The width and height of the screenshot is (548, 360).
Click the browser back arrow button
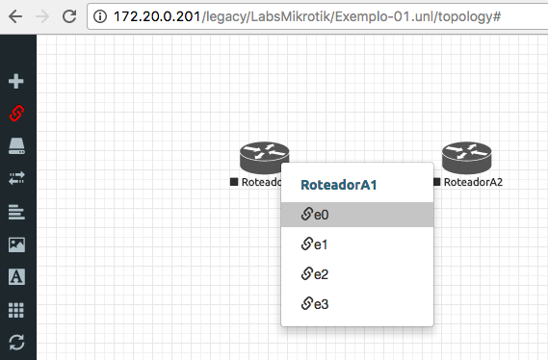(15, 16)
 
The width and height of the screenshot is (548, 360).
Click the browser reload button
(69, 16)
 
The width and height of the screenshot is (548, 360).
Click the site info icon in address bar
(100, 16)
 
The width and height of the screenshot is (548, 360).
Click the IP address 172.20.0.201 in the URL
(157, 16)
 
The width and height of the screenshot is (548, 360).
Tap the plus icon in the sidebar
(16, 81)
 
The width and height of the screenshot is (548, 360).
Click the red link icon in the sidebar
(16, 114)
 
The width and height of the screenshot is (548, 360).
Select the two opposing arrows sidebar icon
(16, 178)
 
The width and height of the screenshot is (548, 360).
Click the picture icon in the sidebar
(16, 244)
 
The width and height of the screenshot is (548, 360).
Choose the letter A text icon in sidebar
(16, 277)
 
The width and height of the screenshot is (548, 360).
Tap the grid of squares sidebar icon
(16, 310)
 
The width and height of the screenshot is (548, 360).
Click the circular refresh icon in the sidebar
(16, 342)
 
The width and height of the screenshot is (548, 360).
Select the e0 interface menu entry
(357, 215)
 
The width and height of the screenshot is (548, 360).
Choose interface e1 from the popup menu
(357, 244)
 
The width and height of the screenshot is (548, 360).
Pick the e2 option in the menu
(357, 274)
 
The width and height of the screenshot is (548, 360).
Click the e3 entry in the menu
(357, 304)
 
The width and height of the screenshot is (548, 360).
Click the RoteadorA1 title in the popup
(339, 185)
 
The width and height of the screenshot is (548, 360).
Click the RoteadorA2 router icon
(466, 158)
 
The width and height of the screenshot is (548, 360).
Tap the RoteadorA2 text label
(473, 182)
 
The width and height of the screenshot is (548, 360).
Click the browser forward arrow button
(42, 16)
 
